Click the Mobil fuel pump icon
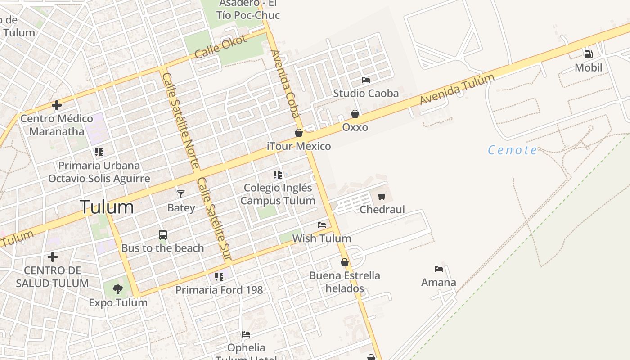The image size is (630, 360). tap(588, 54)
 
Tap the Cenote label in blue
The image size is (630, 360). tap(513, 150)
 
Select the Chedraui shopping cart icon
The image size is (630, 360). tap(382, 196)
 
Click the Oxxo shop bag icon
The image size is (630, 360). tap(355, 114)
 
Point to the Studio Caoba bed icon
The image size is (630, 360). tap(366, 80)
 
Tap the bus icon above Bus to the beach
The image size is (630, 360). tap(163, 235)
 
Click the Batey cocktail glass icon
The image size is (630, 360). tap(181, 194)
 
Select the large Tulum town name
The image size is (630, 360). tap(107, 207)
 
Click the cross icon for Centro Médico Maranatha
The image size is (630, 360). tap(57, 106)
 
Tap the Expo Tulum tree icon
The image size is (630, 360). tap(118, 289)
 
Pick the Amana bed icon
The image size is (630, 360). tap(439, 269)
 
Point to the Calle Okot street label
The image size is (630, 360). tap(221, 47)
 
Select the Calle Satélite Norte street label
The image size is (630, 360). tap(180, 121)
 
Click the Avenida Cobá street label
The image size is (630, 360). tap(285, 84)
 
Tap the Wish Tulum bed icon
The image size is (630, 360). tap(322, 225)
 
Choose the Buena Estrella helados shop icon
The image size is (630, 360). tap(345, 262)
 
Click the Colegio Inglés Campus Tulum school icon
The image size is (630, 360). tap(278, 174)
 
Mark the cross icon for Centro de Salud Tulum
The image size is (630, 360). tap(53, 257)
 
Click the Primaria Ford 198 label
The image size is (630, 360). tap(219, 290)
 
